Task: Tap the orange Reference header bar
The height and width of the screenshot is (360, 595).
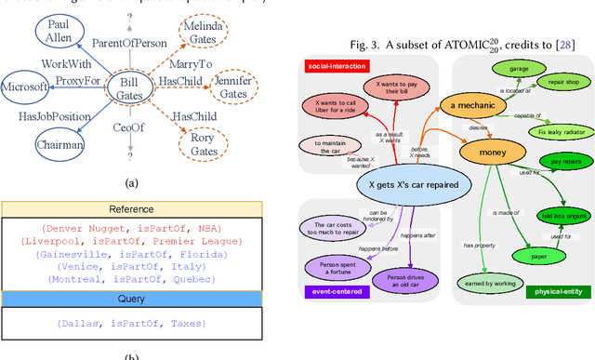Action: coord(132,209)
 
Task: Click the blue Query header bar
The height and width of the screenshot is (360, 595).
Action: coord(132,299)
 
